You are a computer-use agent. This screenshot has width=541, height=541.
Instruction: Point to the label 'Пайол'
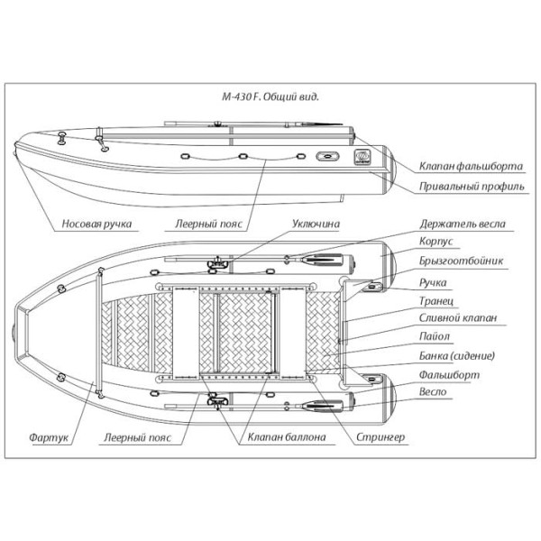click(x=436, y=336)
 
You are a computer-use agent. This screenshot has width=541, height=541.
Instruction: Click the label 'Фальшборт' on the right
click(x=448, y=373)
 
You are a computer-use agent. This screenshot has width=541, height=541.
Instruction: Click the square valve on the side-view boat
click(x=362, y=154)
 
